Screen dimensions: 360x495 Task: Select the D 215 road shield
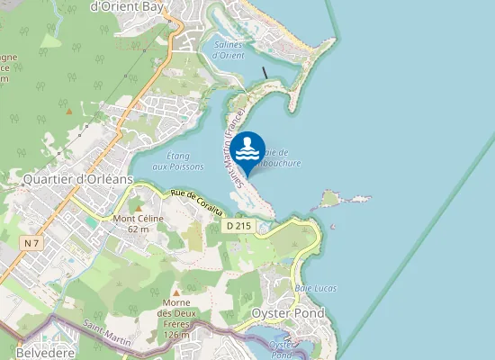[238, 226]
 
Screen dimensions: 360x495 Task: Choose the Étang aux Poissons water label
[178, 161]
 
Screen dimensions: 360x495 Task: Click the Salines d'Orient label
[228, 49]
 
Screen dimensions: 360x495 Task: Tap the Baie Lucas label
[315, 288]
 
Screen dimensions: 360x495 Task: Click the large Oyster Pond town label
[287, 313]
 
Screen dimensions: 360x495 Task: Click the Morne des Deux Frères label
[176, 319]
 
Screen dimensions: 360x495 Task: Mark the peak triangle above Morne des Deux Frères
[176, 293]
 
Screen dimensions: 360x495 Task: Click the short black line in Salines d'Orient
[265, 72]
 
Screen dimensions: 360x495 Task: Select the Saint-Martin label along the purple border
[106, 335]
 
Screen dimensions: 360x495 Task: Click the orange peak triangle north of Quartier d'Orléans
[69, 111]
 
